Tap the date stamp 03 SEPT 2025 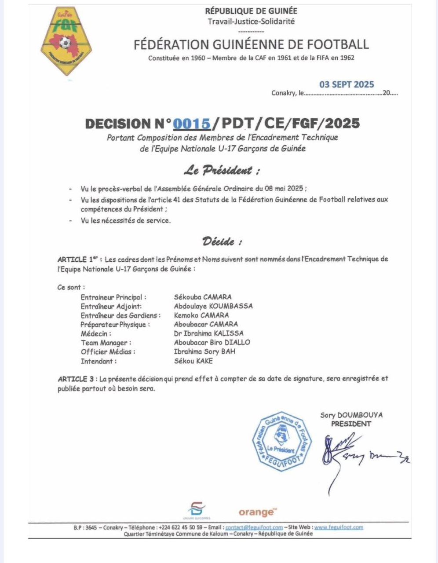coord(347,84)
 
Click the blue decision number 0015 coord(191,124)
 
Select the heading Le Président coord(222,170)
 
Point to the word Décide coord(222,241)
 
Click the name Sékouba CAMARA coord(203,297)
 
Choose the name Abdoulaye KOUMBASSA coord(213,306)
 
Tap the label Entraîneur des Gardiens coord(120,315)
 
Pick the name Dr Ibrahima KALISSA coord(208,333)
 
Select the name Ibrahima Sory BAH coord(204,351)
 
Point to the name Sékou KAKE coord(193,361)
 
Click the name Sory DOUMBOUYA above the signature coord(351,415)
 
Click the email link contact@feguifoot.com coord(254,527)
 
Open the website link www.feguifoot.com coord(339,527)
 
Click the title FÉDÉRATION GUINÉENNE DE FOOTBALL coord(251,44)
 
